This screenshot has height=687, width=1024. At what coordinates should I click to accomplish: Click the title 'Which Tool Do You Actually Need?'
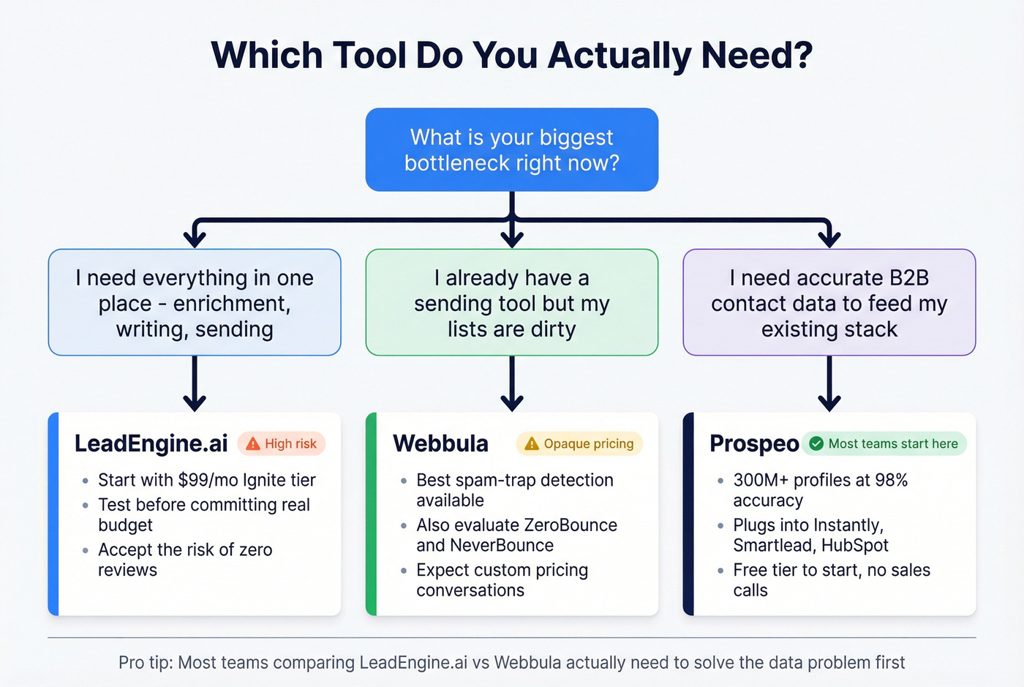tap(511, 56)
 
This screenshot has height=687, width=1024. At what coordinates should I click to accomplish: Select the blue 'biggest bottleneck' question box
tap(511, 150)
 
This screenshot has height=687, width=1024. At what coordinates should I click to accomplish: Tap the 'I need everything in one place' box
tap(195, 303)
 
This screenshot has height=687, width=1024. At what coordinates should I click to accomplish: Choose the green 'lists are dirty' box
tap(511, 303)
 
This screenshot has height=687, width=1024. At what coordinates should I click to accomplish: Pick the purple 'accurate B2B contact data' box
tap(829, 303)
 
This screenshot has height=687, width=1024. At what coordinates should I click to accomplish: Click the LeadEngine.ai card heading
tap(151, 443)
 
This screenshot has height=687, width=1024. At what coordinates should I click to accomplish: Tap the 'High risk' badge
tap(282, 443)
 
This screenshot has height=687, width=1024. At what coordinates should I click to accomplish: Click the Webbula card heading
tap(440, 443)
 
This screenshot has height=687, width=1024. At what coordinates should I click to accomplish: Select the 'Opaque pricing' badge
tap(579, 443)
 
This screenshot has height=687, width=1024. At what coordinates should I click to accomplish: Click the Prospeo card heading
tap(753, 443)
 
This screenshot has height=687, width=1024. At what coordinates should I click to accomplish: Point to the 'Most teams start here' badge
tap(884, 443)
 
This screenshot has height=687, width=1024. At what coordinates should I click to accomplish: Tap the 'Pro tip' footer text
tap(511, 663)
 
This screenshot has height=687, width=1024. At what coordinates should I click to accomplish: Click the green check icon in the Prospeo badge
tap(816, 443)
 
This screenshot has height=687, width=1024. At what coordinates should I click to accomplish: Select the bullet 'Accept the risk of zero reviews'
tap(185, 560)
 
